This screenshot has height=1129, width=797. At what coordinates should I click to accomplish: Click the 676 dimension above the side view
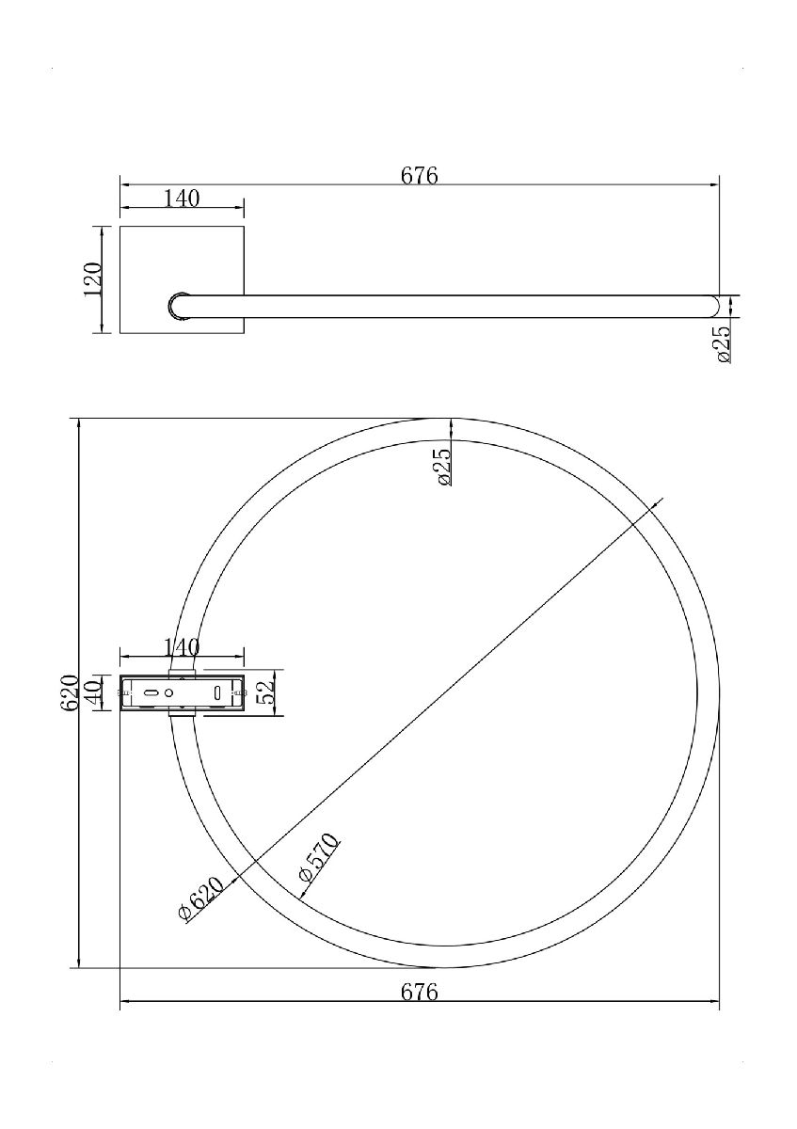(420, 176)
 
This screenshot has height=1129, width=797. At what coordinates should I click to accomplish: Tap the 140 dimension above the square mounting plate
(182, 199)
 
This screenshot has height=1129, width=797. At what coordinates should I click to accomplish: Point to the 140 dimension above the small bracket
(182, 647)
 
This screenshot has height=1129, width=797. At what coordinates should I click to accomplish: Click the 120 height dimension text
(93, 279)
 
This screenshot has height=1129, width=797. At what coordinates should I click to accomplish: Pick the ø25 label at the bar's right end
(723, 343)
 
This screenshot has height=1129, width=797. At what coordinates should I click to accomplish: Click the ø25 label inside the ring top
(442, 467)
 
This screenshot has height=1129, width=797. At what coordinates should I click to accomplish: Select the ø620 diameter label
(201, 899)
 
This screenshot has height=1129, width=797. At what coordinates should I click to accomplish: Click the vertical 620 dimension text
(70, 693)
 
